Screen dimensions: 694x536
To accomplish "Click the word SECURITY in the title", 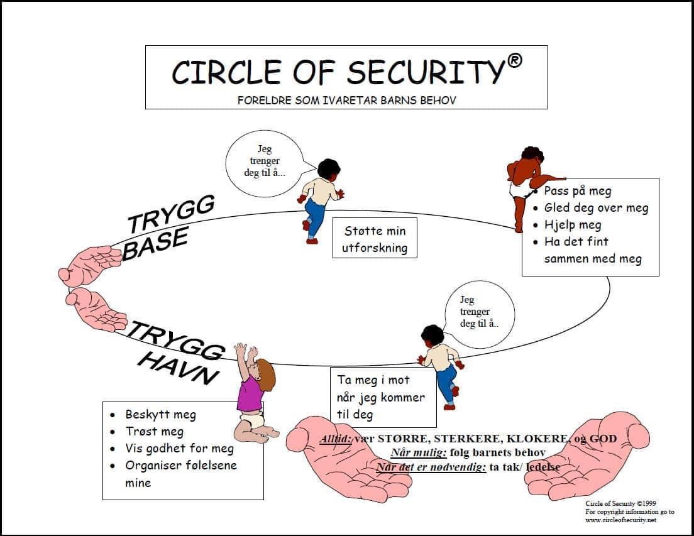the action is (426, 72).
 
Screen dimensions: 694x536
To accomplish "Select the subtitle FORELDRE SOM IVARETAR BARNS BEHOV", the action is (346, 100).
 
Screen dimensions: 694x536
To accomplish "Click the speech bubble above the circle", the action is (265, 163).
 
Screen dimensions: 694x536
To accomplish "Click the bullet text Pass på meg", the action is (578, 191).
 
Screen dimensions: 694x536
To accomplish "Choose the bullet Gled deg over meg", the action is (596, 208).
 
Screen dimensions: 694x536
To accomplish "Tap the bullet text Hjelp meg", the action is (573, 225).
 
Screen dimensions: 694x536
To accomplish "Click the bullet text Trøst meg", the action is (154, 431).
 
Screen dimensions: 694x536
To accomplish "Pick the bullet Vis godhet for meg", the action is (179, 449).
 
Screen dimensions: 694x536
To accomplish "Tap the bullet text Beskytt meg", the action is (160, 414).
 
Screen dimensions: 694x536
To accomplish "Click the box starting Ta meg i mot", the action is (383, 397).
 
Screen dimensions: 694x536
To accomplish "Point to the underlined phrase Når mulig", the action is (419, 453).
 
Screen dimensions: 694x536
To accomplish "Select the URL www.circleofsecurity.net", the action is (621, 520).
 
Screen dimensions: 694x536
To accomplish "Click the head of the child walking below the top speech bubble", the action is (329, 169).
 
